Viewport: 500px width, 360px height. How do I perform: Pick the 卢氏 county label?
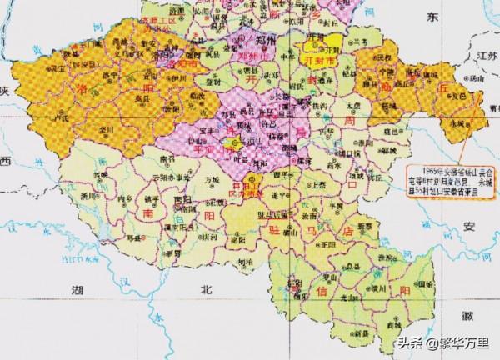click(55, 120)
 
